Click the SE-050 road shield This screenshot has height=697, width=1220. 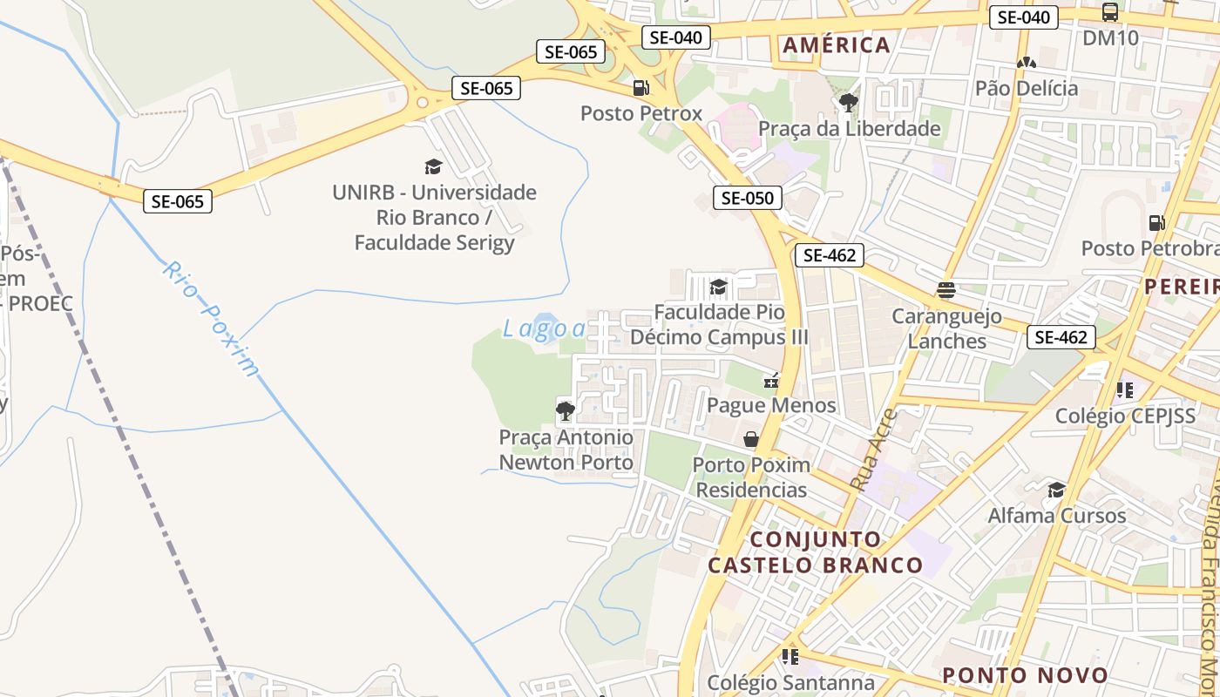coord(748,198)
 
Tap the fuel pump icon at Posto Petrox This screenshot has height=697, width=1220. coord(640,87)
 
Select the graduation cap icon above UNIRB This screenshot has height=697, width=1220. coord(433,166)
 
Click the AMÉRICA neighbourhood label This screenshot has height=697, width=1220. coord(836,45)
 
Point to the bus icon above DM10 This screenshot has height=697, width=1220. coord(1110,12)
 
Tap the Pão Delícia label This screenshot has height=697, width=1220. coord(1027,88)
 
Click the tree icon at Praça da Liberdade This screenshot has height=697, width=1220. coord(848,103)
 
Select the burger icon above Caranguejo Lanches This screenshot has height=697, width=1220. coord(946,289)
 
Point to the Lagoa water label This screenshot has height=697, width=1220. coord(545,328)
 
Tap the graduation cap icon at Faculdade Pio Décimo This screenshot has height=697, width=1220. coord(718,287)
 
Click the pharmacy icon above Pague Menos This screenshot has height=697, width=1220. coord(771,380)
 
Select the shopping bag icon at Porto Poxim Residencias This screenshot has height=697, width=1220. coord(750,439)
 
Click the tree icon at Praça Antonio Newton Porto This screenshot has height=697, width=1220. coord(565,409)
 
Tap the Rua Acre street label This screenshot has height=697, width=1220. coord(872,450)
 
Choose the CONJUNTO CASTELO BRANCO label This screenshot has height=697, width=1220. coord(815,552)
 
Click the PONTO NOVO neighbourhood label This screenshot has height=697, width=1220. coord(1025,675)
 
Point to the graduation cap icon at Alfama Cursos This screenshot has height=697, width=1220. coord(1056,490)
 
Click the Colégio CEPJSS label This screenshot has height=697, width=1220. coord(1126,416)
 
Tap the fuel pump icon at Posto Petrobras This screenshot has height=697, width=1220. coord(1157,222)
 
